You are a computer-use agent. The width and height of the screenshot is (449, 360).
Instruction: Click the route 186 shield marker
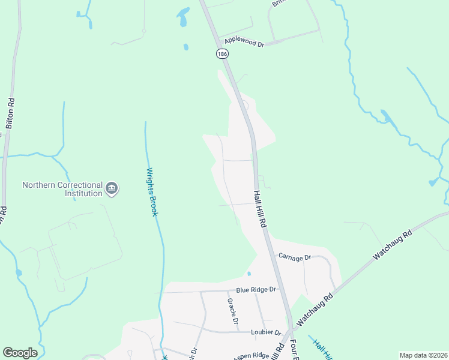pyautogui.click(x=223, y=54)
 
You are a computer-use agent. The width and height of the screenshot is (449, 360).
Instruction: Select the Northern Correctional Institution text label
pyautogui.click(x=62, y=189)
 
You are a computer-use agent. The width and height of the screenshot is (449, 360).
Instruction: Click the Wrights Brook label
pyautogui.click(x=152, y=193)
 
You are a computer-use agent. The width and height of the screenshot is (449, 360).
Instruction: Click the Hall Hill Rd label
pyautogui.click(x=259, y=204)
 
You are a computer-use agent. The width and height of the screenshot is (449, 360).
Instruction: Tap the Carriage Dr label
pyautogui.click(x=294, y=257)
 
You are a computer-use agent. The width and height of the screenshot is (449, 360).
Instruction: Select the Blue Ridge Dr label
pyautogui.click(x=256, y=289)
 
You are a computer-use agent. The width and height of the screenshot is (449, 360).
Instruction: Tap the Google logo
pyautogui.click(x=20, y=353)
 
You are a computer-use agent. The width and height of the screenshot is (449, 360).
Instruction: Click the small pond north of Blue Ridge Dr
pyautogui.click(x=249, y=274)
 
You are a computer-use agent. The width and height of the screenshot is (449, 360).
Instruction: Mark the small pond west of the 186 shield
pyautogui.click(x=185, y=47)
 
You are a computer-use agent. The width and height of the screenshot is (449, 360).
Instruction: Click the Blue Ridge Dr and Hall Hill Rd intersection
pyautogui.click(x=282, y=289)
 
